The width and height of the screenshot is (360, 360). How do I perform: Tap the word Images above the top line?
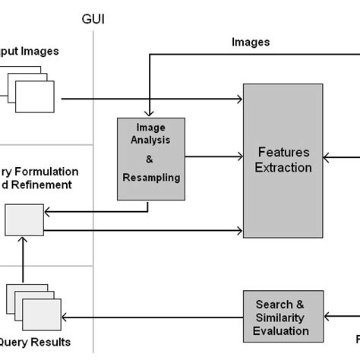coord(250,43)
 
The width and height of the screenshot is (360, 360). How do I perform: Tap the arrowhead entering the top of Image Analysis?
coord(150,115)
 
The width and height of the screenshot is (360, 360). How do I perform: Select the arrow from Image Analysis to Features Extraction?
coord(213,156)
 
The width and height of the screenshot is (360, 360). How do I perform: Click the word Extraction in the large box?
coord(282,167)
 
